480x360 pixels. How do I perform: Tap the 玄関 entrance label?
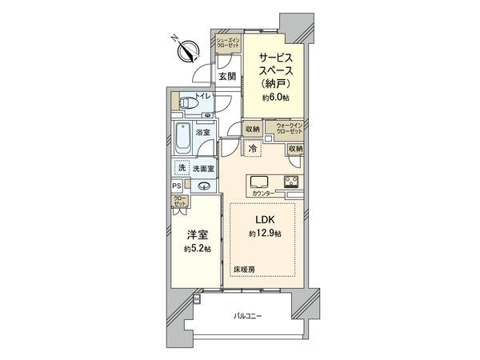(x=227, y=77)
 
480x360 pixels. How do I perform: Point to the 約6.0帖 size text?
(x=275, y=97)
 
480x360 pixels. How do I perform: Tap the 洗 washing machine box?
(x=182, y=168)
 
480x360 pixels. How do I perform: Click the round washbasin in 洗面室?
(x=206, y=187)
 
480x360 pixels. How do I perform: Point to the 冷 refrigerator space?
(x=253, y=147)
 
